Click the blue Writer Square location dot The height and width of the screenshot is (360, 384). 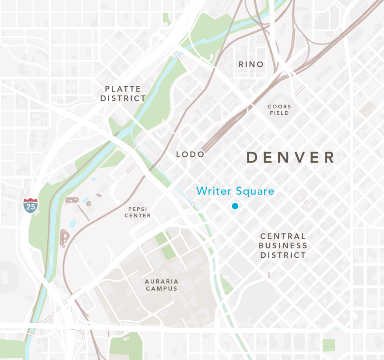tap(235, 206)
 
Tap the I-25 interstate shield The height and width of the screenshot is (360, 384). tap(30, 205)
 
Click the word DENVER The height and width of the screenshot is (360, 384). tap(290, 158)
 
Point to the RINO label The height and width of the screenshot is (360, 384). tap(251, 64)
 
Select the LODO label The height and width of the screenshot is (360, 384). tap(190, 154)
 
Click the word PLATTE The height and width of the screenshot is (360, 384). tap(123, 89)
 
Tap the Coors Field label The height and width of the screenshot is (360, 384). tap(279, 110)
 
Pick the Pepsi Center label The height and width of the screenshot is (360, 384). tap(138, 212)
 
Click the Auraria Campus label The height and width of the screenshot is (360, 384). tap(162, 285)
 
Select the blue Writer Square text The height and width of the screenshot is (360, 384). tap(235, 191)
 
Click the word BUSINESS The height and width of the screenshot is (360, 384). tap(283, 246)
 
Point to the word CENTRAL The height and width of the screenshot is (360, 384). tap(283, 236)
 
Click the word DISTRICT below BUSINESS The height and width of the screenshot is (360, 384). tap(283, 255)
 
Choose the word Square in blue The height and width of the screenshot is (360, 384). tap(255, 191)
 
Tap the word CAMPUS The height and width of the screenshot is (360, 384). tap(162, 288)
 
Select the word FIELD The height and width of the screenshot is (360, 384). tap(279, 113)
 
